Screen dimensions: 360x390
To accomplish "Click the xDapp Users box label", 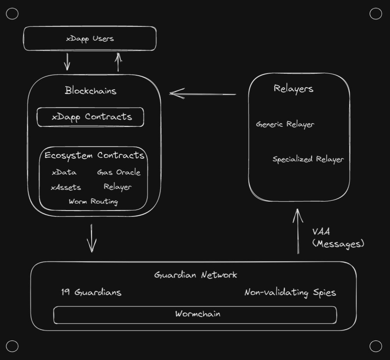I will click(90, 39).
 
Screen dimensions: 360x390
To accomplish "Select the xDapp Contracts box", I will click(90, 117).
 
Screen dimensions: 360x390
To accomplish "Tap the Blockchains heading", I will click(90, 91).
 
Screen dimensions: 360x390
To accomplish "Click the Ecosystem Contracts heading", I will click(94, 155).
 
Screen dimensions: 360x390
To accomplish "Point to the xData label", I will click(64, 172).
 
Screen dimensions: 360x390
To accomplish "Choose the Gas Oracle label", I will click(118, 172).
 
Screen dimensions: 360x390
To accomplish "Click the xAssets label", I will click(66, 188).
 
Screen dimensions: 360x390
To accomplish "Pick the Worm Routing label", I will click(93, 202).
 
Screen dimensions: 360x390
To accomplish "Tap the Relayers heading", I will click(293, 89).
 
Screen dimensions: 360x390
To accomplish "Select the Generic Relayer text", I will click(285, 124).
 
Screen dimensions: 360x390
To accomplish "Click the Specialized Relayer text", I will click(308, 160).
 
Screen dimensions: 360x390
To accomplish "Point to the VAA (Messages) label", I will click(337, 238).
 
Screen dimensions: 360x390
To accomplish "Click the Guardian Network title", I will click(195, 275).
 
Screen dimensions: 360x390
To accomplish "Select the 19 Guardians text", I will click(91, 292).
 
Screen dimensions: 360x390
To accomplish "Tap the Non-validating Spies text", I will click(290, 293).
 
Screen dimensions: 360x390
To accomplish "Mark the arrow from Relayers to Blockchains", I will click(203, 94).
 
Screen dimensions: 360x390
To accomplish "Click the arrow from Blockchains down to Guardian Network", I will click(92, 238).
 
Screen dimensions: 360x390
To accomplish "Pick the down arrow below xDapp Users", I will click(67, 61).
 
